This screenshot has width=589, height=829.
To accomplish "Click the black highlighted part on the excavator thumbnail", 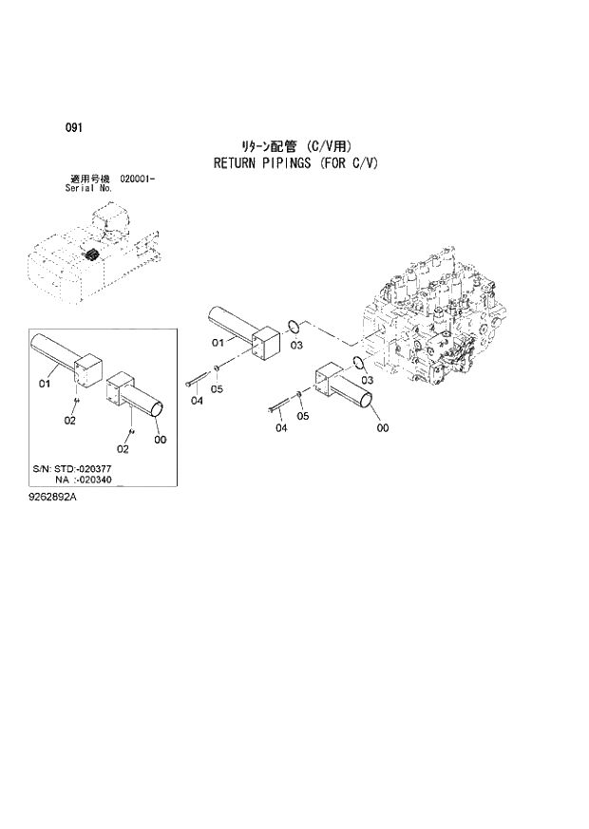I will [92, 256].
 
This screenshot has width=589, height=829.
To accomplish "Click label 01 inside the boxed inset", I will [44, 384].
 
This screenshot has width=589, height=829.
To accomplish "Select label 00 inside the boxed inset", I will [160, 439].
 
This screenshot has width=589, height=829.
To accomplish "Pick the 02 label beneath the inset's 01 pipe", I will [70, 420].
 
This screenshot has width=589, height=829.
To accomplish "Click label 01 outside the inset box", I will [217, 342].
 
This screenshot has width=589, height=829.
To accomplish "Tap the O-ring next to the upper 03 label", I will [295, 325].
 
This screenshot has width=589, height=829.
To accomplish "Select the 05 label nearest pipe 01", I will [217, 388].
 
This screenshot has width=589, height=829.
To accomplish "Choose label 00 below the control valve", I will [383, 428].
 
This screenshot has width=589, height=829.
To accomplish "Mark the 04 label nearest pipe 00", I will [280, 429].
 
